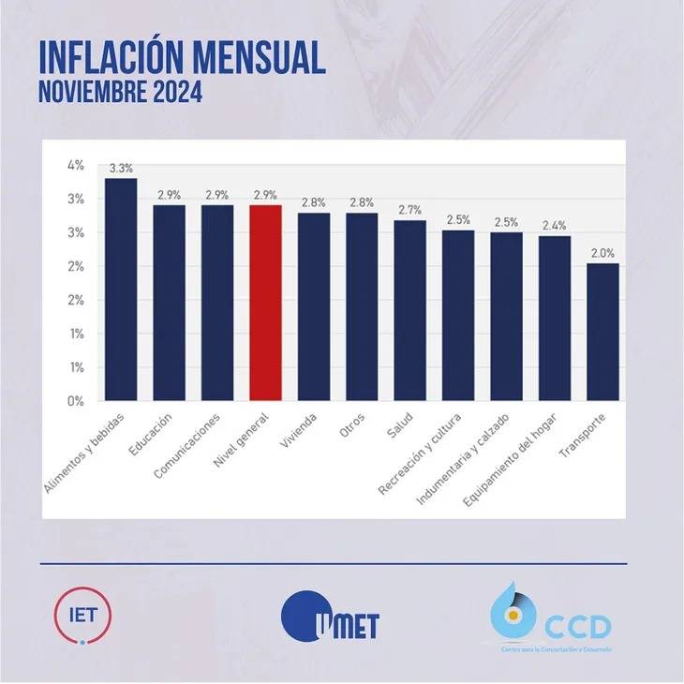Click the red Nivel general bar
pyautogui.click(x=265, y=302)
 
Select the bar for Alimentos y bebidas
pyautogui.click(x=121, y=289)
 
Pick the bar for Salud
pyautogui.click(x=409, y=310)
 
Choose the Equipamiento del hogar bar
pyautogui.click(x=554, y=318)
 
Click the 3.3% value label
pyautogui.click(x=121, y=170)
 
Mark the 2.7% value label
pyautogui.click(x=409, y=211)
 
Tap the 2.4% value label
pyautogui.click(x=554, y=227)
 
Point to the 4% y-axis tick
pyautogui.click(x=76, y=165)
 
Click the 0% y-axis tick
pyautogui.click(x=76, y=401)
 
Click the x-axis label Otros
pyautogui.click(x=352, y=424)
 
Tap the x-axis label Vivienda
pyautogui.click(x=302, y=428)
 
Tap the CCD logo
pyautogui.click(x=552, y=619)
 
